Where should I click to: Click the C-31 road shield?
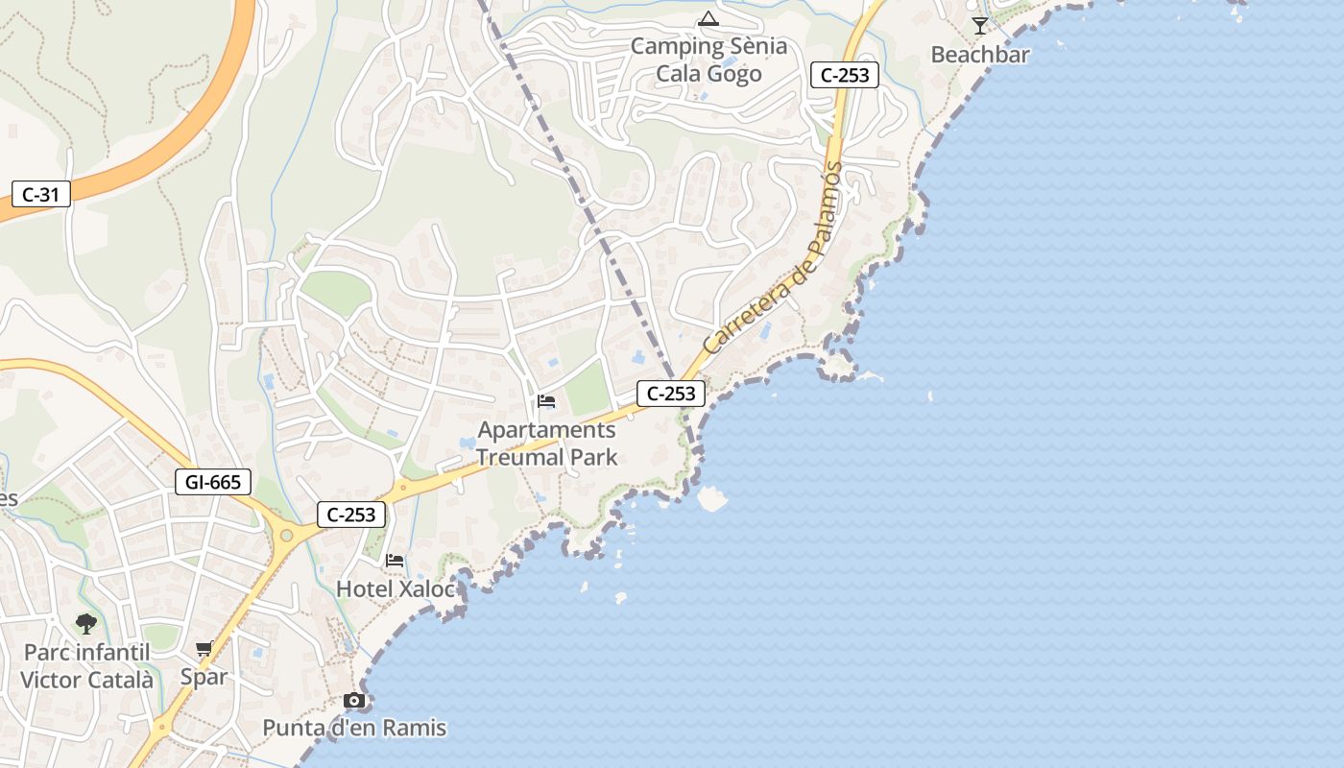pyautogui.click(x=40, y=195)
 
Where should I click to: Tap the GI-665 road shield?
pyautogui.click(x=213, y=482)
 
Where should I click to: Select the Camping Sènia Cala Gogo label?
pyautogui.click(x=708, y=60)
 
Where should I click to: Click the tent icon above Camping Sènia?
pyautogui.click(x=708, y=18)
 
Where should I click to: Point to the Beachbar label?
pyautogui.click(x=980, y=55)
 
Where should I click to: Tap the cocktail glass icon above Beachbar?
pyautogui.click(x=979, y=26)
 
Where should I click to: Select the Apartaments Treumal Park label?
pyautogui.click(x=547, y=444)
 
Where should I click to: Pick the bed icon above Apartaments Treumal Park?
pyautogui.click(x=547, y=401)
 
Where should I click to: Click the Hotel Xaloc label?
pyautogui.click(x=396, y=588)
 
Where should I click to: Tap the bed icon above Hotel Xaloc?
pyautogui.click(x=395, y=560)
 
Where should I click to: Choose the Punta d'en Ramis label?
pyautogui.click(x=355, y=728)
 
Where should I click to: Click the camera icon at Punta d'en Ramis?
pyautogui.click(x=355, y=701)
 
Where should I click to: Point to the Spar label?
pyautogui.click(x=204, y=677)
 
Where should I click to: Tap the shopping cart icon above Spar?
pyautogui.click(x=204, y=649)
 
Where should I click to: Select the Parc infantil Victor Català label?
pyautogui.click(x=86, y=666)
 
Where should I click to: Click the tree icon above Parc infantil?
pyautogui.click(x=86, y=624)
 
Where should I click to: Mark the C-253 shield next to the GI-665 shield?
pyautogui.click(x=351, y=515)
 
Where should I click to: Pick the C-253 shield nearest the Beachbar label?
pyautogui.click(x=845, y=75)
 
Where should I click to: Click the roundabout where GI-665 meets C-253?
pyautogui.click(x=286, y=534)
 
